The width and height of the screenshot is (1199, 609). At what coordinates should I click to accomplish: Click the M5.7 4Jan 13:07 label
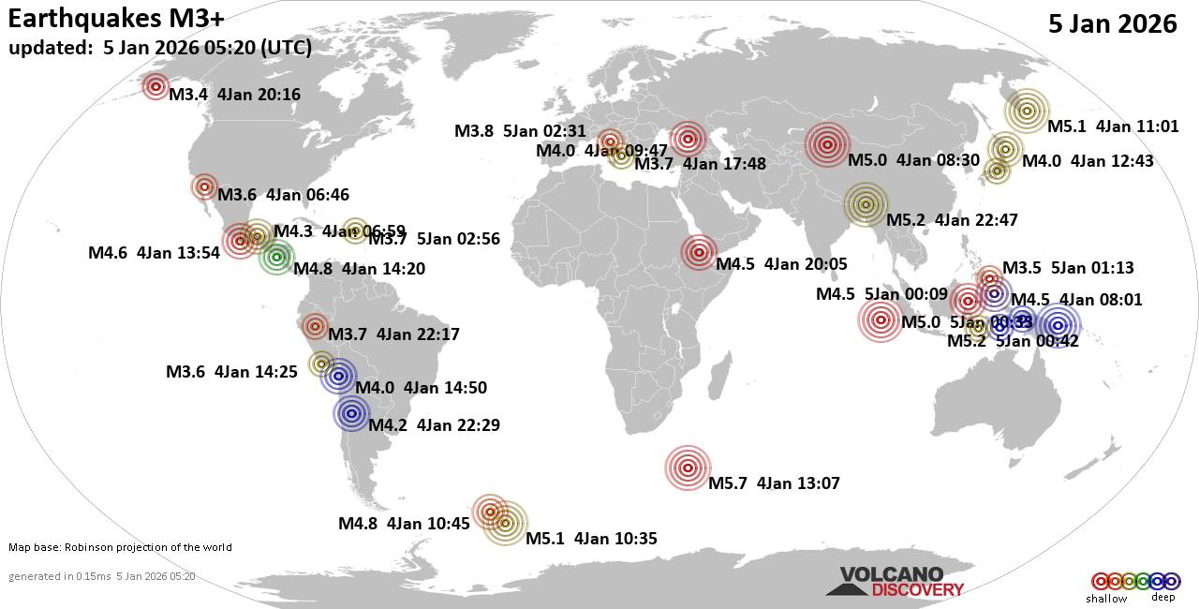[774, 483]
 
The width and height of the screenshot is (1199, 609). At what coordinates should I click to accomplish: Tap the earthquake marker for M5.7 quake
[688, 468]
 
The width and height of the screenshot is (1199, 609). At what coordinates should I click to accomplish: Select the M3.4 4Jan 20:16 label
[234, 94]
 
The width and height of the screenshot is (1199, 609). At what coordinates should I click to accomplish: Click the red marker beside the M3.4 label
[156, 86]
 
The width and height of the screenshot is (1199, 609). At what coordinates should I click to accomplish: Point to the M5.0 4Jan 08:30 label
[913, 159]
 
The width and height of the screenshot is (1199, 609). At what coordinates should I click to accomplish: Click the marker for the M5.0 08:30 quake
[827, 144]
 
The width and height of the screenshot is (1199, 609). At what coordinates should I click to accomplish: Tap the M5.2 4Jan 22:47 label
[952, 220]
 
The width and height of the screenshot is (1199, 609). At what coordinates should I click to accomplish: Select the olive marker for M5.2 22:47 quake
[866, 204]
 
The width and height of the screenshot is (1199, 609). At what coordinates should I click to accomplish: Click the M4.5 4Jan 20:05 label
[782, 264]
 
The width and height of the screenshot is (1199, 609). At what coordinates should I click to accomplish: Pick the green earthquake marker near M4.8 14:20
[276, 257]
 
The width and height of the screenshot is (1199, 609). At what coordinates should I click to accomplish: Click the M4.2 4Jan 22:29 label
[434, 425]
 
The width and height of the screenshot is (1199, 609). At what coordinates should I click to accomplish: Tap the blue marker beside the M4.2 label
[352, 413]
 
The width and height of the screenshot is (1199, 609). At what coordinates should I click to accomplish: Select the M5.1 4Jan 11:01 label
[1113, 126]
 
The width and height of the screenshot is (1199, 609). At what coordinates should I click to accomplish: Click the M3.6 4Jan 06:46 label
[283, 195]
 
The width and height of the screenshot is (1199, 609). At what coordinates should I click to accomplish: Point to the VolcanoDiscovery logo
[895, 582]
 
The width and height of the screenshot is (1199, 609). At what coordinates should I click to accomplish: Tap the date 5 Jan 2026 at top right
[1113, 24]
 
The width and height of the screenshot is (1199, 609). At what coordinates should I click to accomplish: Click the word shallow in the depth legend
[1107, 598]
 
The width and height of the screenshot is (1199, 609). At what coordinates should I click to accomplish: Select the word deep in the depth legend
[1162, 598]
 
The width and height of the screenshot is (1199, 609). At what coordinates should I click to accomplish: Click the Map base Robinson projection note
[120, 547]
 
